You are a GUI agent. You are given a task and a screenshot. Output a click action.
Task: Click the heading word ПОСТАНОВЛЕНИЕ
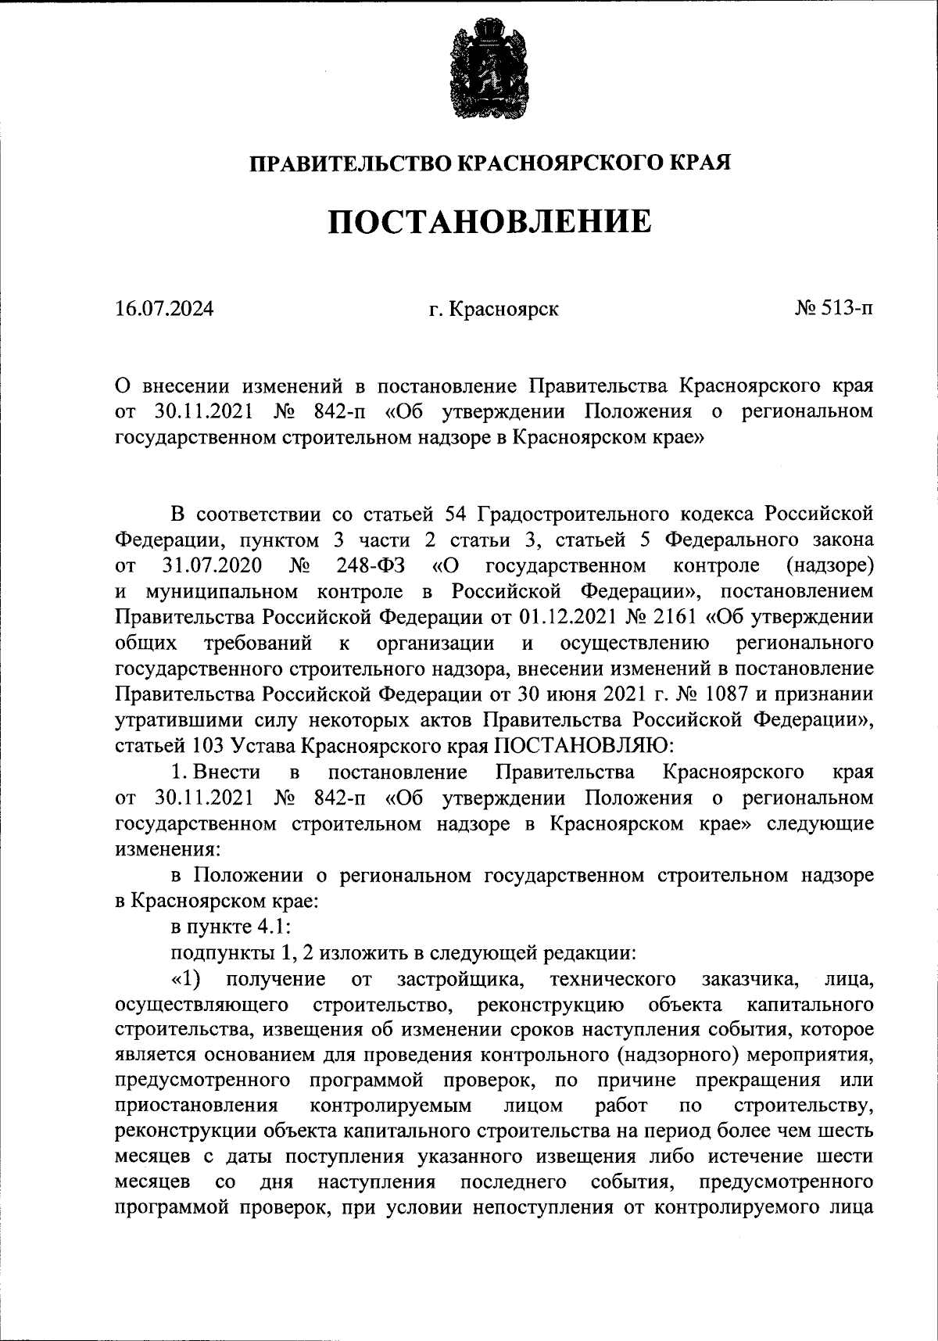[489, 222]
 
